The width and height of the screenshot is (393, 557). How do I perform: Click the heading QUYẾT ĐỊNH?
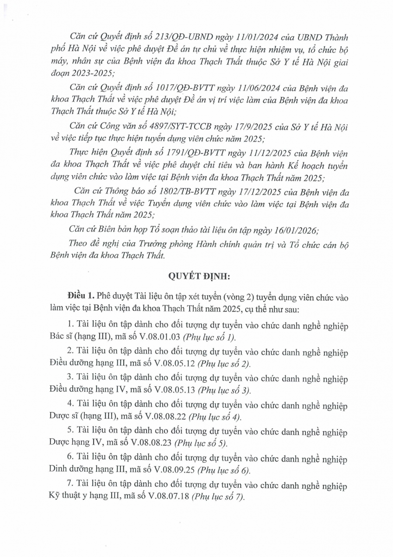point(196,276)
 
